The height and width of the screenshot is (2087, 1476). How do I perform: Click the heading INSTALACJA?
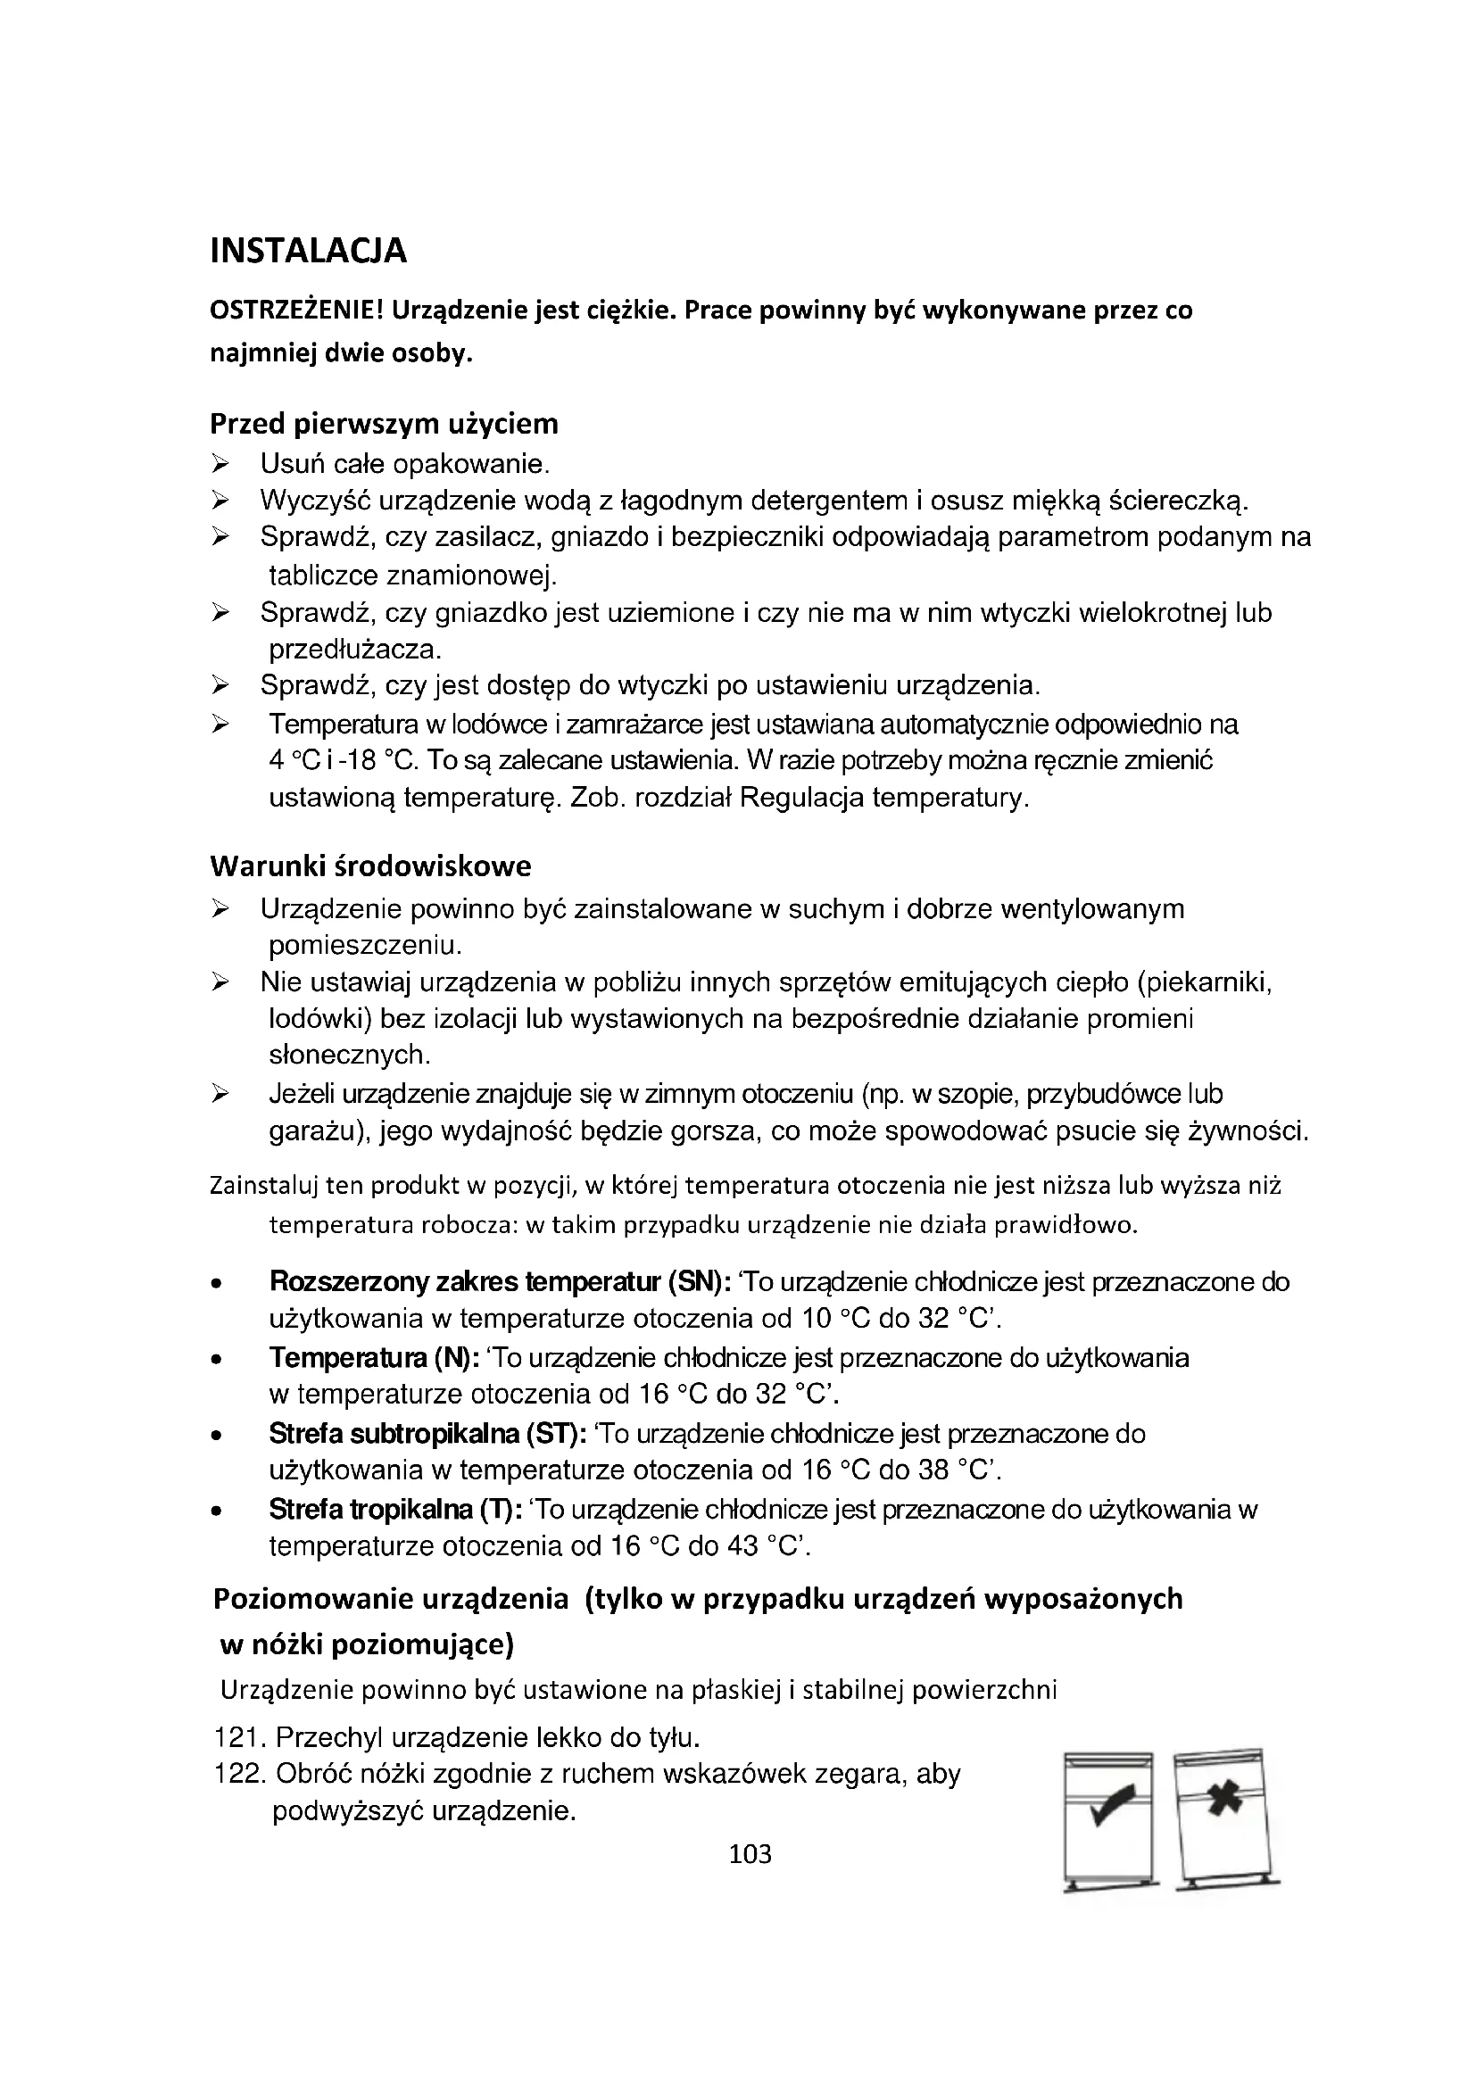(308, 251)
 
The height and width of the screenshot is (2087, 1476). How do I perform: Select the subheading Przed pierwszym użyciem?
(384, 424)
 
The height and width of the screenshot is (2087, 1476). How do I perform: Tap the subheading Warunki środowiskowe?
(370, 865)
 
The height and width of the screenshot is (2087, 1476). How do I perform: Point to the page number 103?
(750, 1854)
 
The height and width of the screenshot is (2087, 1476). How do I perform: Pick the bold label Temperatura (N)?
(375, 1358)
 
